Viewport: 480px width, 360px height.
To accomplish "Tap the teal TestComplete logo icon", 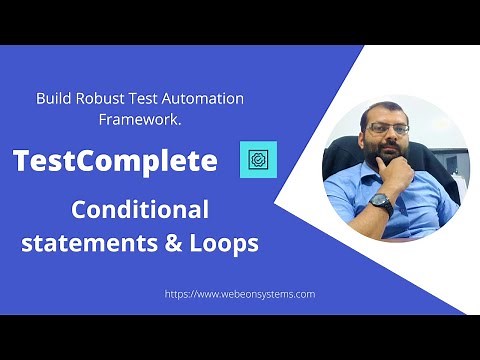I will pos(258,159).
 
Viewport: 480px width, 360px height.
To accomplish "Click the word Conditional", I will pos(139,210).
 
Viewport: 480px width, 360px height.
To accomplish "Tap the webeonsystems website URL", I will pos(239,294).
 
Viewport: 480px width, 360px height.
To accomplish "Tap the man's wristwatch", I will pos(380,200).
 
